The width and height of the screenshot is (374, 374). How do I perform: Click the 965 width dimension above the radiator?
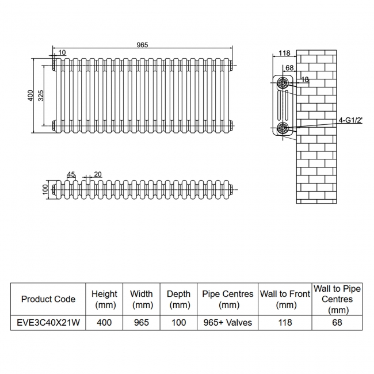142,44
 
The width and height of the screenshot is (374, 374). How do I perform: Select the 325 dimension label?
41,96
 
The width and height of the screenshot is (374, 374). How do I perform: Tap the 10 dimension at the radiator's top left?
62,52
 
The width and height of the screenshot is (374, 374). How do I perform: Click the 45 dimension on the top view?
71,174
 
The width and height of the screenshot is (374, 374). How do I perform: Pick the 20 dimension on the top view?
97,174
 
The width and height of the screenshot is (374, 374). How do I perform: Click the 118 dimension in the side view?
284,54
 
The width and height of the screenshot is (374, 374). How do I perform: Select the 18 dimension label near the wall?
305,80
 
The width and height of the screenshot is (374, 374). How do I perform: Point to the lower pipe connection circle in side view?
283,128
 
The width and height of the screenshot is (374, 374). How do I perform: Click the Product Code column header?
48,299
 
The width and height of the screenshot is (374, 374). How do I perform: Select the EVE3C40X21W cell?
48,322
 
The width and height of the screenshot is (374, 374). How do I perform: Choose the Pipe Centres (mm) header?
228,299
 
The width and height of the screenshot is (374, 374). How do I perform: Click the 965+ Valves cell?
228,322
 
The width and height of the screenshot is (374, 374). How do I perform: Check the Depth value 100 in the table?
178,322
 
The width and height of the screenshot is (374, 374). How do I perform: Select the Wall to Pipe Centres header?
337,299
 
